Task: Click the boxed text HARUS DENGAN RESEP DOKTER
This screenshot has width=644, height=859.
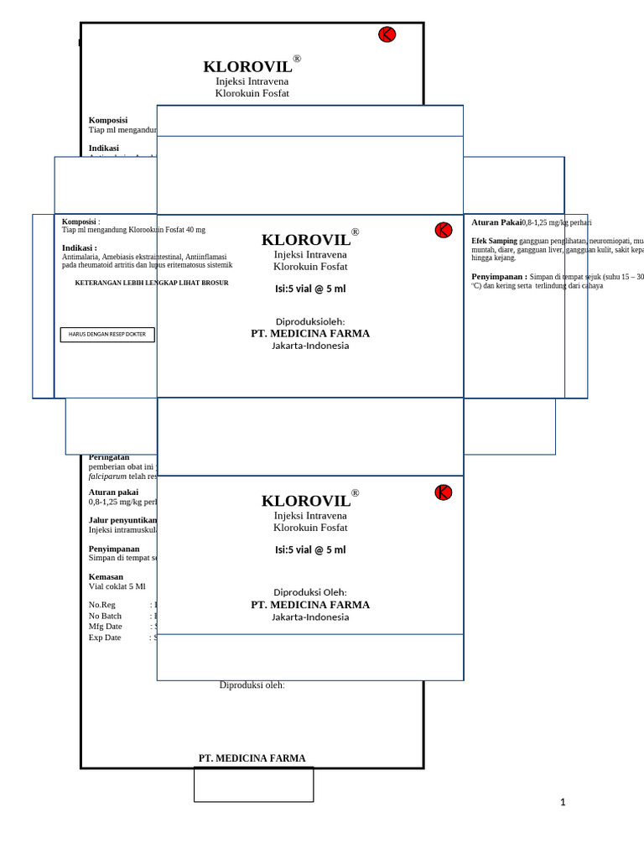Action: (x=107, y=335)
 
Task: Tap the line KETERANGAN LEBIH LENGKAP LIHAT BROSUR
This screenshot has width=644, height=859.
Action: (x=152, y=284)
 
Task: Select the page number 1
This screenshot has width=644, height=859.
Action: (x=563, y=803)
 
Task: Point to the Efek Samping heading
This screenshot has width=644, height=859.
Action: (x=494, y=241)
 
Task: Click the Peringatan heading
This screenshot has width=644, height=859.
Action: (x=109, y=457)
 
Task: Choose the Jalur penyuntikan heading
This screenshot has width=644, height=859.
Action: (x=122, y=520)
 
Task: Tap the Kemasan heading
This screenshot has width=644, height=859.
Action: (x=106, y=576)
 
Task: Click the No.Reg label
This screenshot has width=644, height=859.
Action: (x=102, y=605)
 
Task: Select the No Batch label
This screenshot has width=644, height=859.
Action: (x=105, y=616)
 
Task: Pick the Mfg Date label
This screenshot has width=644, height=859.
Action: (x=106, y=627)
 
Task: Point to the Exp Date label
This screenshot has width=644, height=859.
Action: (x=105, y=638)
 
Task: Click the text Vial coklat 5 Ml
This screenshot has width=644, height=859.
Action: (x=117, y=586)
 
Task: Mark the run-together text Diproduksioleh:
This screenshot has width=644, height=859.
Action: (x=310, y=321)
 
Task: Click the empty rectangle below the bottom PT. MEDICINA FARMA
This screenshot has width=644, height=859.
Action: (x=253, y=784)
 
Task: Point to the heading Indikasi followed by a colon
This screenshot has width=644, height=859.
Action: (x=80, y=247)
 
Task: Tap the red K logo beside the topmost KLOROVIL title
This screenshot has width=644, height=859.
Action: (x=387, y=34)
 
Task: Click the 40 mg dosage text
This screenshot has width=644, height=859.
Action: (x=196, y=230)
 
